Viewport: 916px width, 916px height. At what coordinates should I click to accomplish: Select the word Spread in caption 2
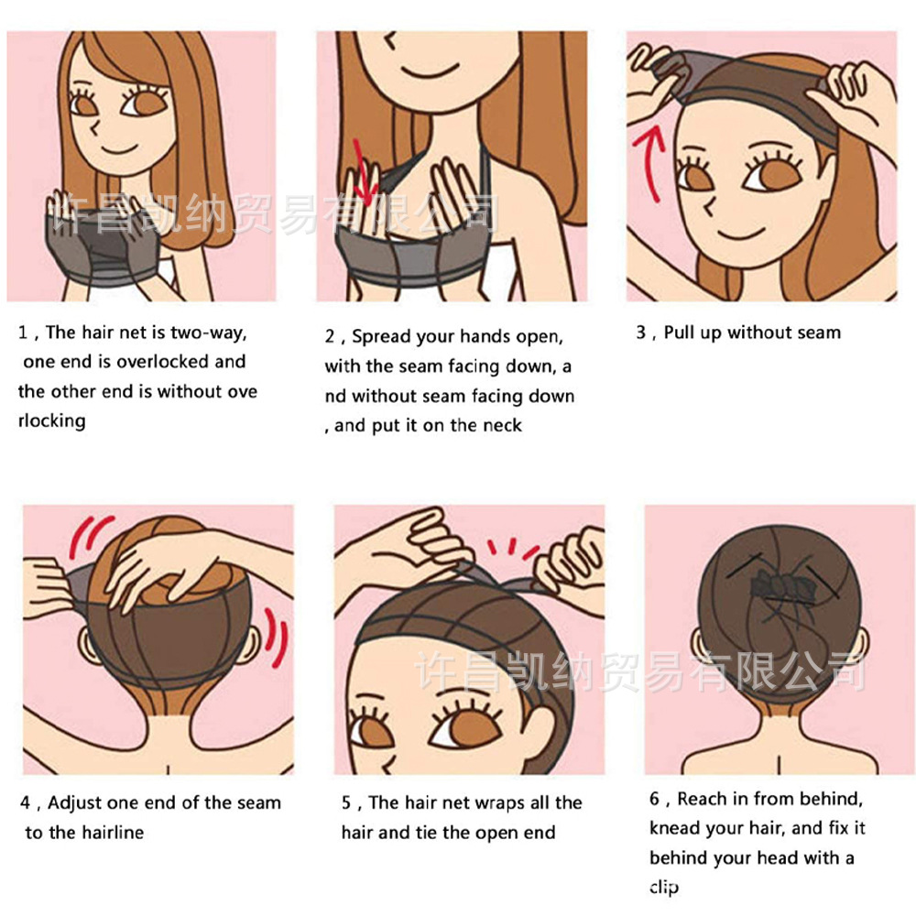[380, 337]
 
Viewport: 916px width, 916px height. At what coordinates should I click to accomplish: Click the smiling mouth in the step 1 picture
[118, 149]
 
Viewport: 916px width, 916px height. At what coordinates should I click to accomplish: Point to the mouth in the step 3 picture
[740, 233]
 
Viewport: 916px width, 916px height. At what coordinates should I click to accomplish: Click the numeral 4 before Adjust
[25, 802]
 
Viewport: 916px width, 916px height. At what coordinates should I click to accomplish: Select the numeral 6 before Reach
[655, 799]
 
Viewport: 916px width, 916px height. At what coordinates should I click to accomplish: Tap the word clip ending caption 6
[664, 888]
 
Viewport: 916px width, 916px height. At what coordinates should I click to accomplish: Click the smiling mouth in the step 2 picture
[430, 71]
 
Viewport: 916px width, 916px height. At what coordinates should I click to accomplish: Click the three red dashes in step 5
[512, 548]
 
